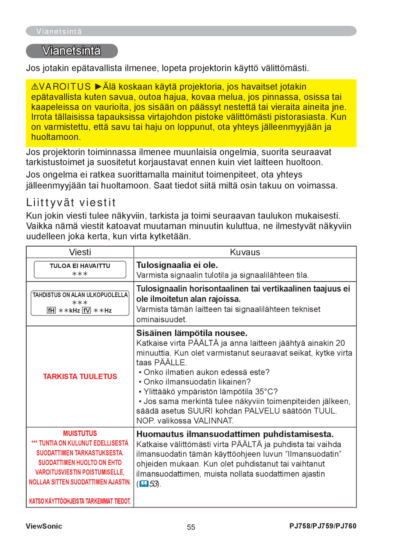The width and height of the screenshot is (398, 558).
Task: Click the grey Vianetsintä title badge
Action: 72,51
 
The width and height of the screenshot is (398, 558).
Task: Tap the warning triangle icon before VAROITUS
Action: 35,87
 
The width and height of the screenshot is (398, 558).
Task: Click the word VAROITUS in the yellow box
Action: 65,87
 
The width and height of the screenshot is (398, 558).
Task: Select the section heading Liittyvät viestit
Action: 71,202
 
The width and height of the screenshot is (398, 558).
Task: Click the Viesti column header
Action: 80,252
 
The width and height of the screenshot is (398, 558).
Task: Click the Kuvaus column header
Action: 245,252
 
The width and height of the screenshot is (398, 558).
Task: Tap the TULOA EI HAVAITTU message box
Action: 80,269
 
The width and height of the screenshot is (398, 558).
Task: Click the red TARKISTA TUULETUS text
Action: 80,376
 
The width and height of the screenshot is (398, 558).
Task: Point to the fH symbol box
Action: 51,310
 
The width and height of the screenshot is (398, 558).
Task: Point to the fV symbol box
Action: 86,310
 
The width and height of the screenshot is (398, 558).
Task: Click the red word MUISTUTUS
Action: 80,433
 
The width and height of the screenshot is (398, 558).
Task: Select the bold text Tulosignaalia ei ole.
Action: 177,265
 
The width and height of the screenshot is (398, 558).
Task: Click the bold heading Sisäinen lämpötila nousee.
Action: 192,333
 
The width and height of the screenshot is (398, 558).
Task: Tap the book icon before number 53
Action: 144,484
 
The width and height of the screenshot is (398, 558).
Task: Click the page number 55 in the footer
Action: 191,527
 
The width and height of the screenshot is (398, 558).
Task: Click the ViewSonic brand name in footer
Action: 44,526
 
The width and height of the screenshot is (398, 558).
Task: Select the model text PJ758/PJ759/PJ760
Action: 323,526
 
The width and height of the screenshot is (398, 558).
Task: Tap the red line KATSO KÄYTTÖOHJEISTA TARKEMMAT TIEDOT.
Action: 80,501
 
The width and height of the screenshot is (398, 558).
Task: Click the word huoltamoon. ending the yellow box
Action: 56,137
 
